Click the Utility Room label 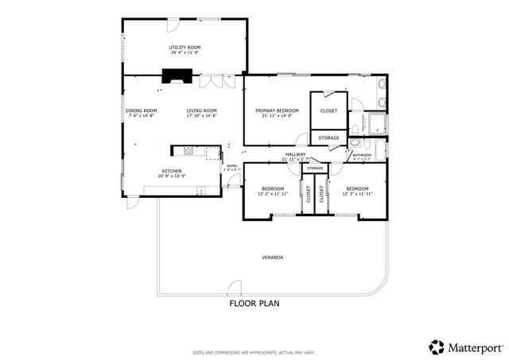coord(185,48)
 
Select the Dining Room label coord(141,110)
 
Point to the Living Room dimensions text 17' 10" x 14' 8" coord(201,116)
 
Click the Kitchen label coord(173,171)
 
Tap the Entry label coord(232,166)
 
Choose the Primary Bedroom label coord(277,110)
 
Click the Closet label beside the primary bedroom coord(328,110)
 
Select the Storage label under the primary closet coord(329,138)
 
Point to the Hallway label coord(295,154)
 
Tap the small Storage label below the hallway coord(315,168)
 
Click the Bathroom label coord(362,155)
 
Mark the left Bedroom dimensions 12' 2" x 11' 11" coord(272,194)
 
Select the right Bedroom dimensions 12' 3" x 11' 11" coord(357,194)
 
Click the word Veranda coord(273,257)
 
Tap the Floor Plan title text coord(254,303)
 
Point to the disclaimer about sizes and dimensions coord(254,352)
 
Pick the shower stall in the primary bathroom coord(374,124)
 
